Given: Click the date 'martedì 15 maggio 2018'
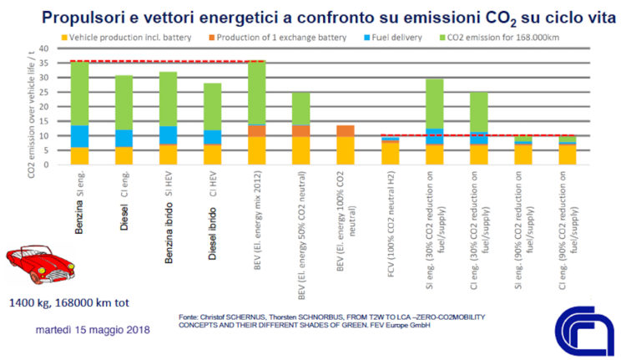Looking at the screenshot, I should (93, 330).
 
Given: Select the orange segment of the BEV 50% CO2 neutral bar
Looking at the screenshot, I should (301, 130).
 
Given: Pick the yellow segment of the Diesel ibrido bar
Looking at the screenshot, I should (212, 155).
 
